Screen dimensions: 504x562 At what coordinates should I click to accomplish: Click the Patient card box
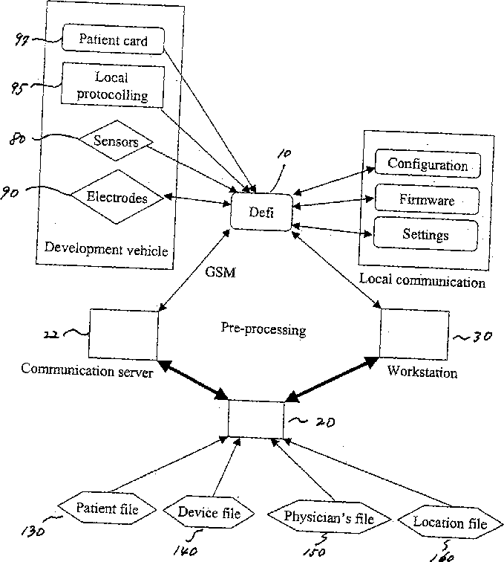point(113,39)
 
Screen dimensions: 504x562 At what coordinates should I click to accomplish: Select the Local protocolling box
point(112,85)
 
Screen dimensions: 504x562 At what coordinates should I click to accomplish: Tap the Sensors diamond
point(116,140)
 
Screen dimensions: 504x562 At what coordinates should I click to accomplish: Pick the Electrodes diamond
point(117,197)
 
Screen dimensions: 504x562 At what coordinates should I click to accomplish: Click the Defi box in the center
point(261,212)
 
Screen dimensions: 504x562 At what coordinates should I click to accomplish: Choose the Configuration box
point(428,164)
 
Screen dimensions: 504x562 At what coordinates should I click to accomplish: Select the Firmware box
point(427,199)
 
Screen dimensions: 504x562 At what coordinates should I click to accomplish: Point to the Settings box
point(425,234)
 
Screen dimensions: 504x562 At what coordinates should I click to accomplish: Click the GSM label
point(220,272)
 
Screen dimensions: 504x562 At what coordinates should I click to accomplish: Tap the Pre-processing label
point(264,329)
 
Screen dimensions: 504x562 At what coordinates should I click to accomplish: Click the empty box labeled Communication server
point(123,335)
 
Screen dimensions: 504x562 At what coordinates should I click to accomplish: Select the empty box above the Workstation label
point(414,334)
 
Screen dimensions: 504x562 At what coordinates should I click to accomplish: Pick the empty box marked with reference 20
point(256,419)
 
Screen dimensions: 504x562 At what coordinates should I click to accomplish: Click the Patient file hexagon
point(107,508)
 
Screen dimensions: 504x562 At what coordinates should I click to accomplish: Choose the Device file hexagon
point(209,512)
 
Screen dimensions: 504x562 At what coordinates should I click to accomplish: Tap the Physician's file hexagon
point(329,517)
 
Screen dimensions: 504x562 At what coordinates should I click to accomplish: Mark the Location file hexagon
point(451,522)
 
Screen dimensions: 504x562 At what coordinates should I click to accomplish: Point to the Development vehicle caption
point(106,249)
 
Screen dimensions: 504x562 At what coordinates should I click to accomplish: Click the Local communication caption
point(422,280)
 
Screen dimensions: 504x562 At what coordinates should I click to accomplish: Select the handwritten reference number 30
point(482,336)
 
